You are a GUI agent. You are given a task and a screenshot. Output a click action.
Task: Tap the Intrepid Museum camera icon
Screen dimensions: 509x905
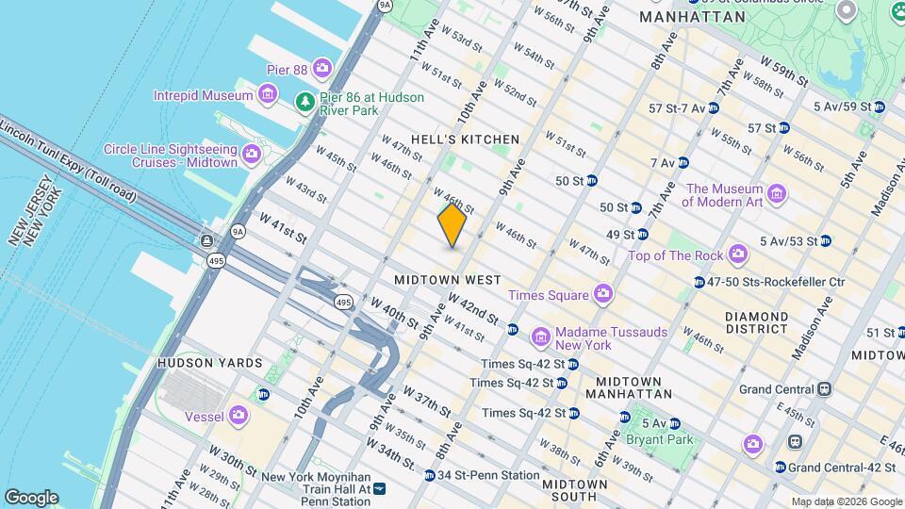tap(268, 94)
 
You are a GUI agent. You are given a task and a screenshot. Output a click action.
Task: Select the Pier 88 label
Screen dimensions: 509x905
tap(291, 67)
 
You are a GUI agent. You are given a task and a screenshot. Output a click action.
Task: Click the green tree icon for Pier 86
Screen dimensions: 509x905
tap(304, 102)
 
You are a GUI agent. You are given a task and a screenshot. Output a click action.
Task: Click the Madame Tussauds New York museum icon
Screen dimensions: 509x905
tap(540, 337)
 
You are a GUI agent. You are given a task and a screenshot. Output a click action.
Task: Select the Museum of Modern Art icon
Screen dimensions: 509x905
tap(777, 194)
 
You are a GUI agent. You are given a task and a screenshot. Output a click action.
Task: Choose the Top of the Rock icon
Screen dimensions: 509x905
tap(737, 254)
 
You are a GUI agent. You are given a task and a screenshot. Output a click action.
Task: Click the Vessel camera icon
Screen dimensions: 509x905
tap(239, 415)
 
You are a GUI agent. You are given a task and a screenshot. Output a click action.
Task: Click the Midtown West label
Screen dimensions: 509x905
tap(448, 280)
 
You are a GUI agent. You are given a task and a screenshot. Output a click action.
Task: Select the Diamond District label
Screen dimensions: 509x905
tap(756, 322)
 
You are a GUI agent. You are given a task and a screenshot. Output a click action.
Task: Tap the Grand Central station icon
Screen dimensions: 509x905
tap(824, 388)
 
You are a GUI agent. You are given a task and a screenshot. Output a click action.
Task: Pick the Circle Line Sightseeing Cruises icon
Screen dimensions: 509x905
tap(251, 154)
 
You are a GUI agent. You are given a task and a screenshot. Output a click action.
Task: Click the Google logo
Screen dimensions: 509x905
tap(31, 497)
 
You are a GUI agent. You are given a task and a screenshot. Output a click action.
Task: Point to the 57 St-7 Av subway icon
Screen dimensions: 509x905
tap(714, 108)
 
